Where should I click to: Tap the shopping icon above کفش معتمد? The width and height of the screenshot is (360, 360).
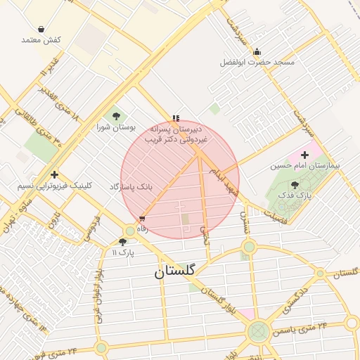(41, 30)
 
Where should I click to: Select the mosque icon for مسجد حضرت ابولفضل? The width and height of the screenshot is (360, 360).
(257, 51)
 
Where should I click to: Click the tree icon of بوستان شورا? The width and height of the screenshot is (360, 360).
(116, 116)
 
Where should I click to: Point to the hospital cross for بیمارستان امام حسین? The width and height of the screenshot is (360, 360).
(304, 155)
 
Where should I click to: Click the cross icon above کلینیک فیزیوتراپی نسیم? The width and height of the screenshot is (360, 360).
(54, 174)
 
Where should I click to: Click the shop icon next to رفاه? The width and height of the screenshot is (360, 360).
(143, 219)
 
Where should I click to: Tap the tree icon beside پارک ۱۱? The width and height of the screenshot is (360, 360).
(123, 241)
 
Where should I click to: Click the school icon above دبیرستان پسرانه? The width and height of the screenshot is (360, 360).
(176, 118)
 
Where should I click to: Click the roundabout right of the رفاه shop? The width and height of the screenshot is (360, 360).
(130, 231)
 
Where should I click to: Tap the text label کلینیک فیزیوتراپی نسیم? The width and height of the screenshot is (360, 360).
(54, 186)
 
